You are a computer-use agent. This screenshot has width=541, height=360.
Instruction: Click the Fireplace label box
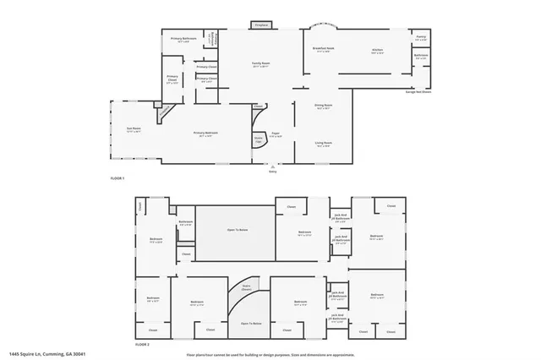261,25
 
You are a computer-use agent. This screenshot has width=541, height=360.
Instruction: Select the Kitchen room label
377,51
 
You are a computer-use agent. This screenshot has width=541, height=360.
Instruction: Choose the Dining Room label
323,106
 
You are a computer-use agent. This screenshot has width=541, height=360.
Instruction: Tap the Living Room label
323,145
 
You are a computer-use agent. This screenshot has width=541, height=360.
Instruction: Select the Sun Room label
134,129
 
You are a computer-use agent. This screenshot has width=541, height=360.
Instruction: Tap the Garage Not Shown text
418,92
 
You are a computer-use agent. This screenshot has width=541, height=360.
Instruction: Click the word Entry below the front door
272,171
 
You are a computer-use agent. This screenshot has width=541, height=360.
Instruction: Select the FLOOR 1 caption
117,179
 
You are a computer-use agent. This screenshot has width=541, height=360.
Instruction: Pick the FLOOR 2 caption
142,345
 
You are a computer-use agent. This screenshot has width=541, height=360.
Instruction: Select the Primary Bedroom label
205,134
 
